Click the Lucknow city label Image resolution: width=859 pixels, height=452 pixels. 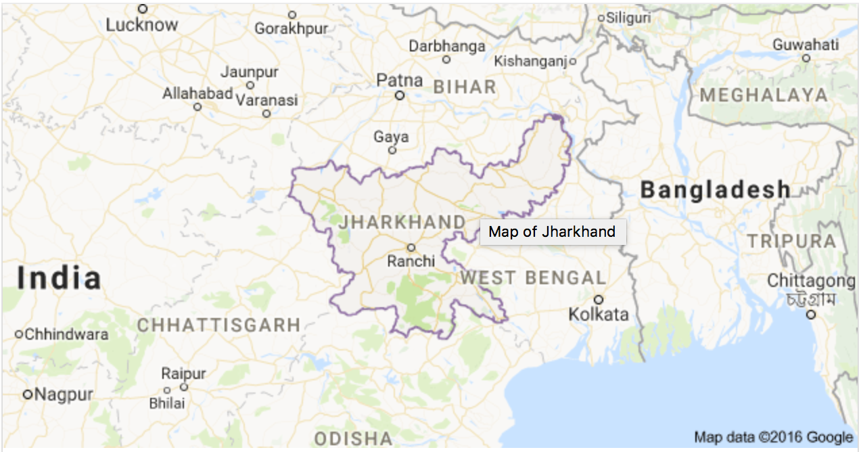pyautogui.click(x=142, y=25)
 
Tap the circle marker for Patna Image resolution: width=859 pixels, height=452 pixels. pyautogui.click(x=400, y=95)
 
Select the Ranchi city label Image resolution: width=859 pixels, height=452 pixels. pyautogui.click(x=411, y=261)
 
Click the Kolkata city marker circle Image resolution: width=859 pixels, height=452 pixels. pyautogui.click(x=599, y=299)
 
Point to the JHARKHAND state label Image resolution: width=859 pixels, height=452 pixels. pyautogui.click(x=403, y=222)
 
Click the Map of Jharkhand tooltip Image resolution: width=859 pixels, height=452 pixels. pyautogui.click(x=552, y=232)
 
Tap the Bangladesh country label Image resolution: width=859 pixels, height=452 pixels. pyautogui.click(x=715, y=190)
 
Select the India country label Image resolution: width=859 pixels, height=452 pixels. pyautogui.click(x=60, y=278)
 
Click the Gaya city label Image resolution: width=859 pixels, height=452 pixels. pyautogui.click(x=391, y=137)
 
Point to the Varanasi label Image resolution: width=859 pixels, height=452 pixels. pyautogui.click(x=266, y=100)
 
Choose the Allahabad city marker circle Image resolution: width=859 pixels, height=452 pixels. pyautogui.click(x=198, y=107)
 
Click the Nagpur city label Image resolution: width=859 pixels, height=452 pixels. pyautogui.click(x=64, y=394)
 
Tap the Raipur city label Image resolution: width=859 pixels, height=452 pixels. pyautogui.click(x=183, y=374)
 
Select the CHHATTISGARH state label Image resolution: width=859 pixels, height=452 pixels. pyautogui.click(x=218, y=325)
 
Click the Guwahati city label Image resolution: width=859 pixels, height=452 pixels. pyautogui.click(x=806, y=45)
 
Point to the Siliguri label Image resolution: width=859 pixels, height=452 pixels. pyautogui.click(x=628, y=18)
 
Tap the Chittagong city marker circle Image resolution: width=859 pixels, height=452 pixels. pyautogui.click(x=811, y=315)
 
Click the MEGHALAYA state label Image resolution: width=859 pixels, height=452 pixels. pyautogui.click(x=764, y=95)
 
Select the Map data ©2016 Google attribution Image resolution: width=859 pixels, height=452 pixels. pyautogui.click(x=773, y=437)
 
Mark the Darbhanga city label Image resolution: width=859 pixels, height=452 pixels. pyautogui.click(x=447, y=46)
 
